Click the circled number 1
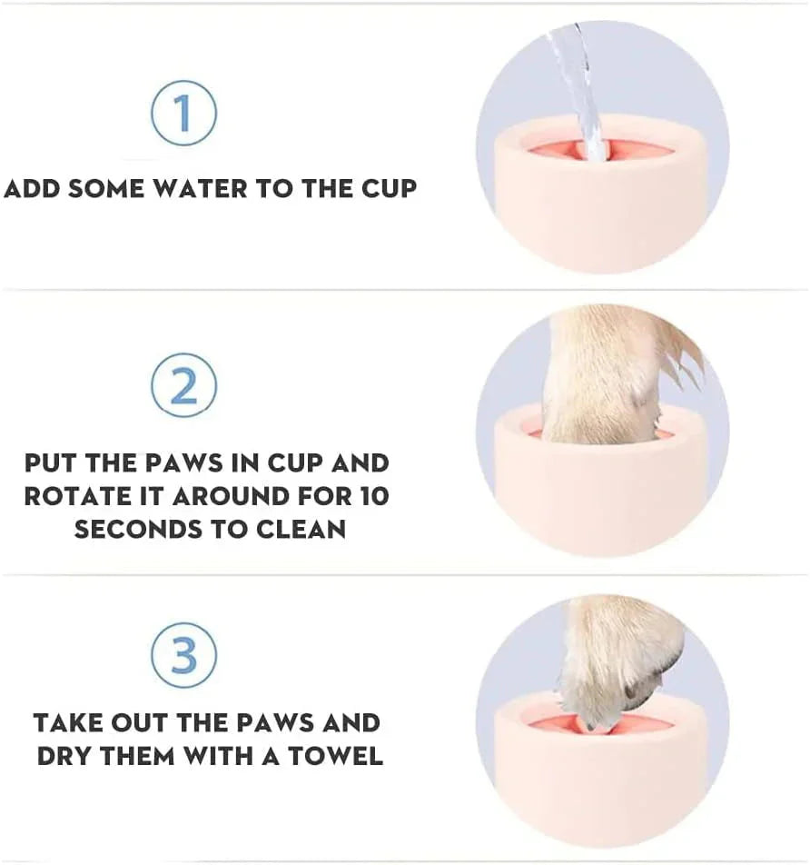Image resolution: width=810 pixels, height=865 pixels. click(x=183, y=113)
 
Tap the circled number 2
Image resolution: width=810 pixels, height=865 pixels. click(x=183, y=386)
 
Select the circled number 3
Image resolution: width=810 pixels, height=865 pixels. click(x=183, y=655)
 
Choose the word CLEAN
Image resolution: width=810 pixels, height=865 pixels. click(x=300, y=529)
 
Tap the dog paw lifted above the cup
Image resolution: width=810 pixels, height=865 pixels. click(x=617, y=663)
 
